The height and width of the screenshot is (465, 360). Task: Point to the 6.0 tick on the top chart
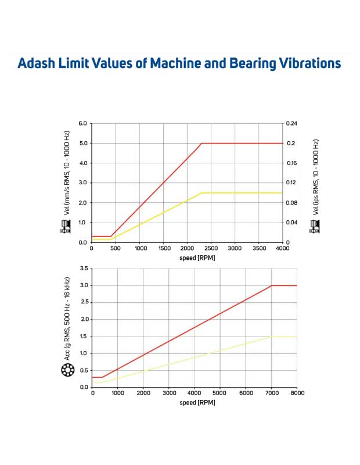83,123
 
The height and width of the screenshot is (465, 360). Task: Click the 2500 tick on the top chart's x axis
210,248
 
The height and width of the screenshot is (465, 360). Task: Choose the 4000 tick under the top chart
282,248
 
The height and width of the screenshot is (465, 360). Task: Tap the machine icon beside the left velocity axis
65,227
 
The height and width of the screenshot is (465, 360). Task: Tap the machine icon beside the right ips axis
315,227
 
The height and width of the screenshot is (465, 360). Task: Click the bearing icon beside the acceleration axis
68,370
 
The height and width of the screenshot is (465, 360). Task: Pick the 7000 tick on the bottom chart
271,394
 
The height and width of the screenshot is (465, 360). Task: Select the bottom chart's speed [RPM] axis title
195,402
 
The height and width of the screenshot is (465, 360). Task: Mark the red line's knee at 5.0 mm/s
201,143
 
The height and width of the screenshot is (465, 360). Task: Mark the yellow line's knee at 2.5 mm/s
201,192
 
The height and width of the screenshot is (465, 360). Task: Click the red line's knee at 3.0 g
271,285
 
